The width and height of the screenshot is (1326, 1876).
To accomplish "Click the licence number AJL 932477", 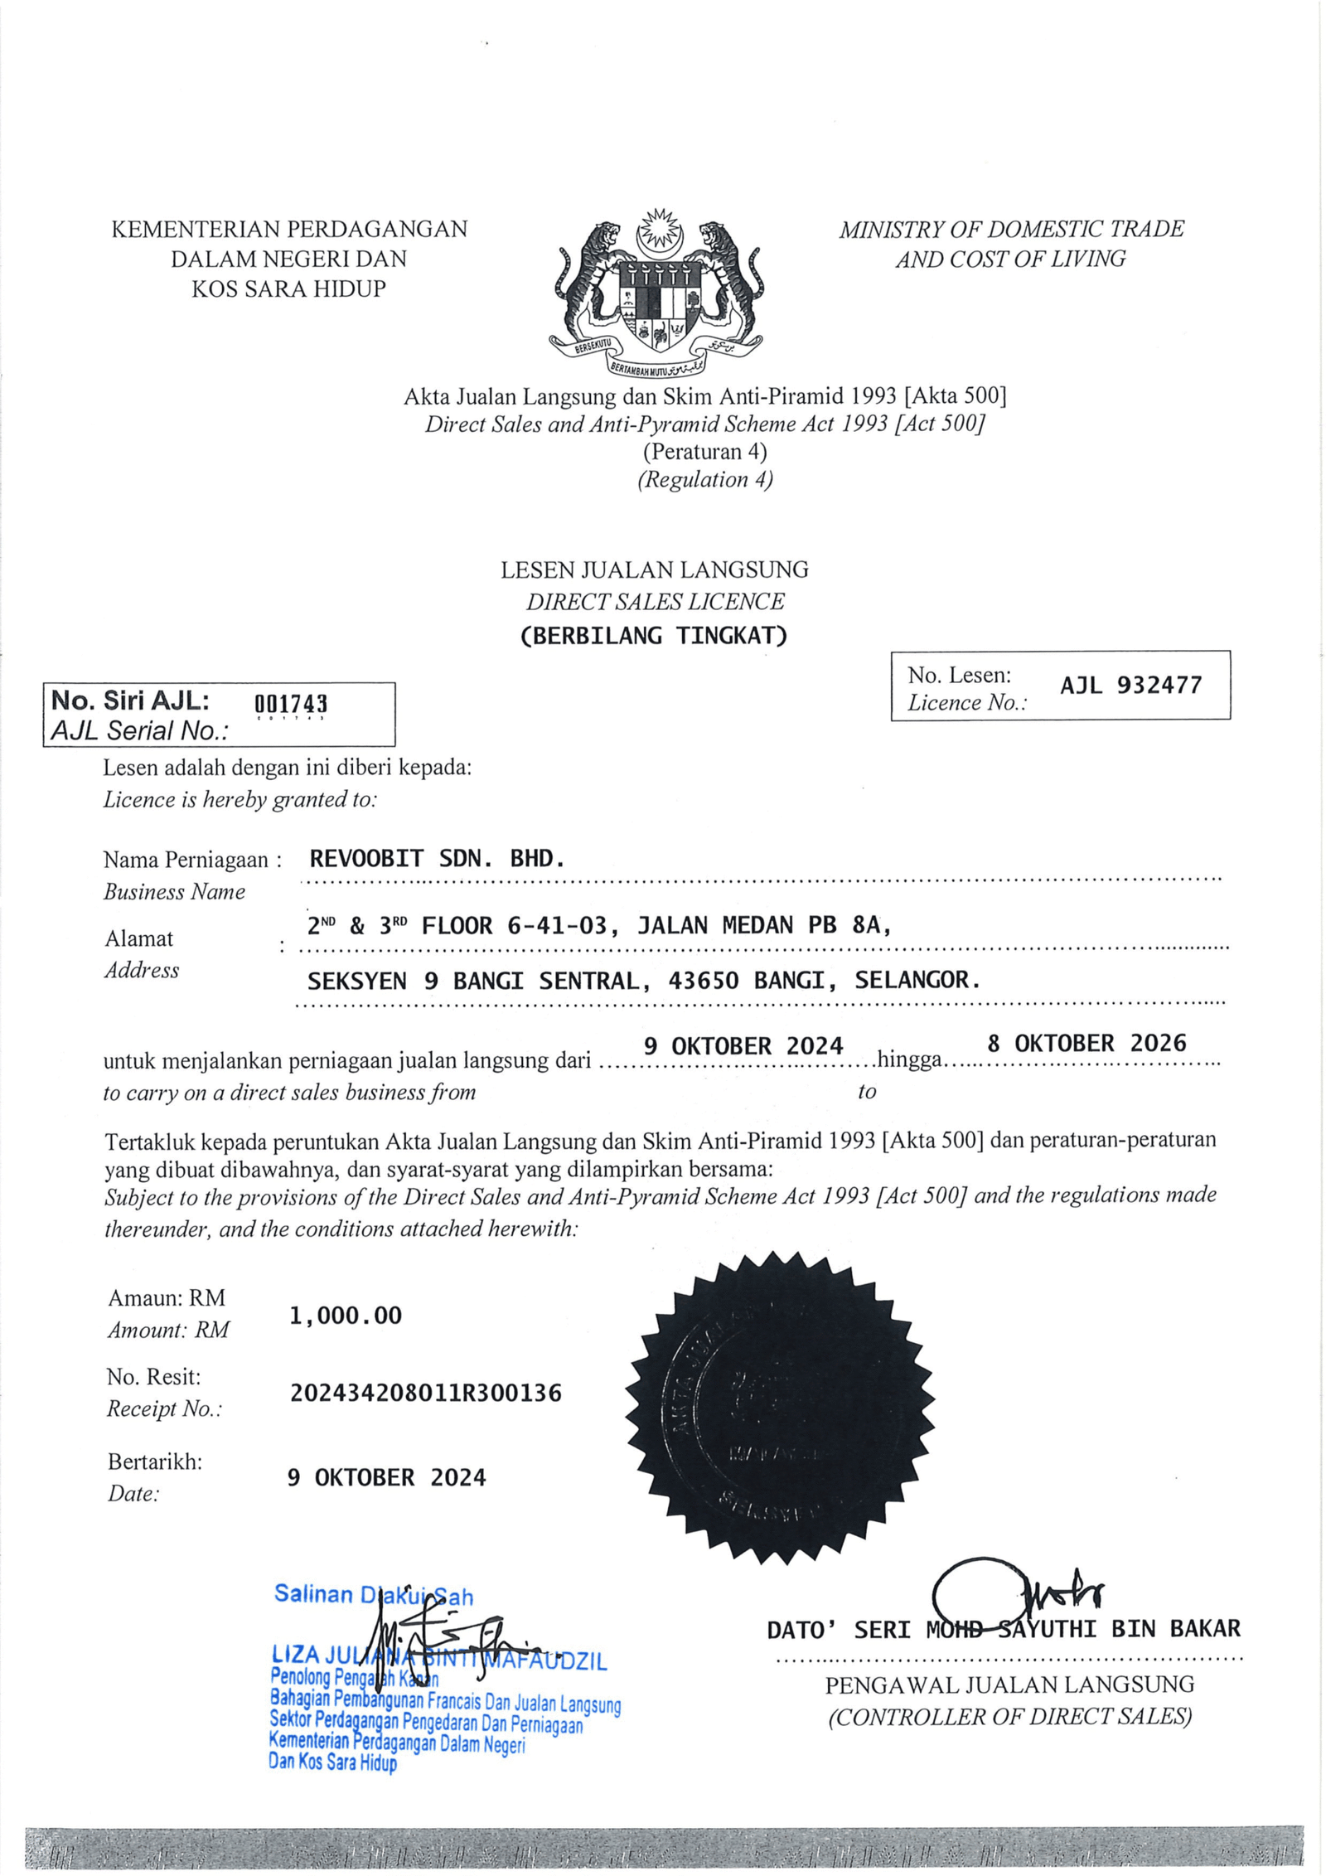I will [1130, 685].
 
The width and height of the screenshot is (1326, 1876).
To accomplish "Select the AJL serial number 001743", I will [290, 704].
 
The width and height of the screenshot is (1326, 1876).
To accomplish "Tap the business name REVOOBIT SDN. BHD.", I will [437, 858].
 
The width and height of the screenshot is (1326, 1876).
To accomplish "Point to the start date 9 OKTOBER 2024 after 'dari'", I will [743, 1046].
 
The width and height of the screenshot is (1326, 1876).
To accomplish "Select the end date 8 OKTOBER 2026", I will [1086, 1043].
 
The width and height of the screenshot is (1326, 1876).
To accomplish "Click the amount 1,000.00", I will [346, 1316].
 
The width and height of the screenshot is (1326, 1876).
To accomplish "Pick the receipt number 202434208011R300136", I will [425, 1393].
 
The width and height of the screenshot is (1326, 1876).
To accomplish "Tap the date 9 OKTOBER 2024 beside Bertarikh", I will [386, 1477].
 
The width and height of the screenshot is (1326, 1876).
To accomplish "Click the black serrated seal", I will [779, 1408].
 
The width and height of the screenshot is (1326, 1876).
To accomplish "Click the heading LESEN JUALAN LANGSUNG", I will [654, 570].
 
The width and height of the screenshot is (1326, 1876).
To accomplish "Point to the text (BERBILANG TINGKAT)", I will [654, 636].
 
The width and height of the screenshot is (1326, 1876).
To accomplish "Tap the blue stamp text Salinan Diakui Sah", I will [373, 1594].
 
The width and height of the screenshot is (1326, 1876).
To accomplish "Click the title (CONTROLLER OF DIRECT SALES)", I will [1009, 1716].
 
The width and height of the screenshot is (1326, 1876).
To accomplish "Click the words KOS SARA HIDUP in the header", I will [288, 288].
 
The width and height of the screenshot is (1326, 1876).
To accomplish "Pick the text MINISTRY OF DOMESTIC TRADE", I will [1011, 229].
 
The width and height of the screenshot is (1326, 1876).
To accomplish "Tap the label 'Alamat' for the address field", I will [138, 938].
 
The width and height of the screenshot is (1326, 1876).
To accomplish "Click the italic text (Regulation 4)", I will [704, 479].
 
